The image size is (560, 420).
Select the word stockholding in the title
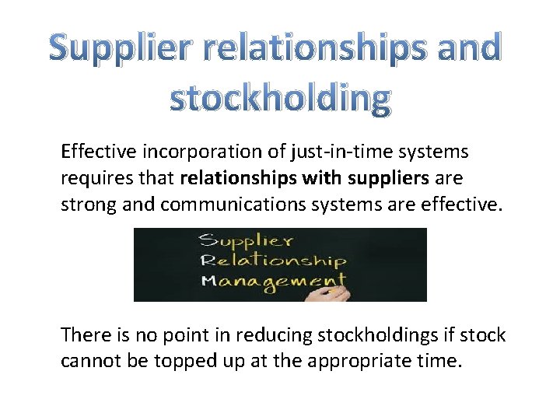280,100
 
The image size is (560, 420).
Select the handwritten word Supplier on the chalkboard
246,240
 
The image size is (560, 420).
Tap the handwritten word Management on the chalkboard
271,280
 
